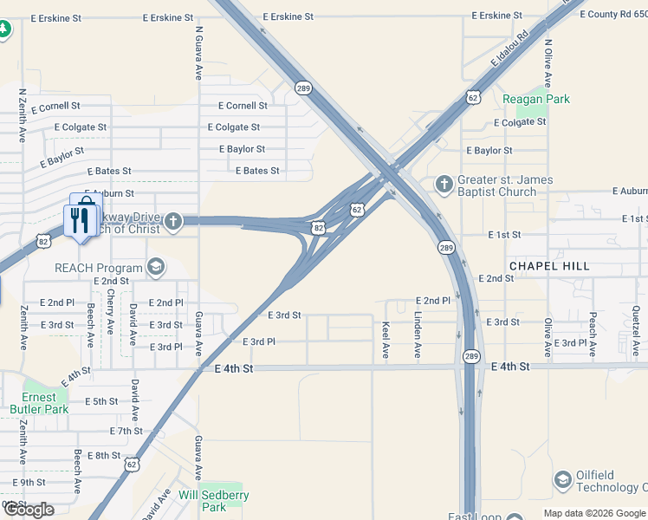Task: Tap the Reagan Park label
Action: click(536, 99)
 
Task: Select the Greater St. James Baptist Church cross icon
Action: click(444, 184)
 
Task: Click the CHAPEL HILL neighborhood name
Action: click(549, 266)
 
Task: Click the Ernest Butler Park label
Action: click(39, 403)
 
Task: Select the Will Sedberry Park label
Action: click(213, 500)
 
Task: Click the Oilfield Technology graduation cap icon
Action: click(563, 480)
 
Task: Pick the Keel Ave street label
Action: click(386, 341)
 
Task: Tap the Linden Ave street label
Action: click(417, 335)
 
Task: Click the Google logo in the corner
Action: click(29, 510)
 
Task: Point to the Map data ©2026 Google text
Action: click(594, 513)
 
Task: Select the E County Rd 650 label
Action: click(613, 15)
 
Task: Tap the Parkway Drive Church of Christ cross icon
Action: click(172, 222)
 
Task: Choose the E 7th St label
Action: click(126, 431)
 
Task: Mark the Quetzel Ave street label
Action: click(635, 331)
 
